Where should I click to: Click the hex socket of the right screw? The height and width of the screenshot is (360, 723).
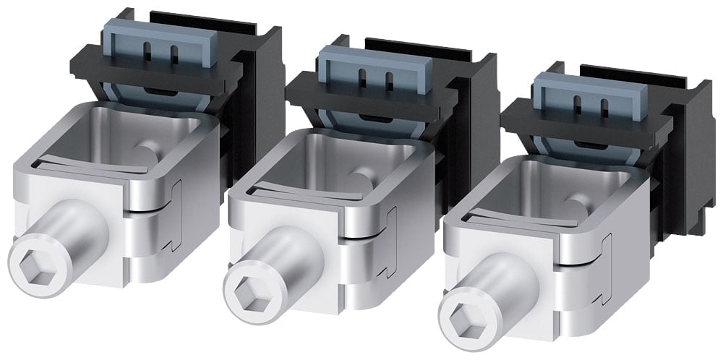tap(464, 312)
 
